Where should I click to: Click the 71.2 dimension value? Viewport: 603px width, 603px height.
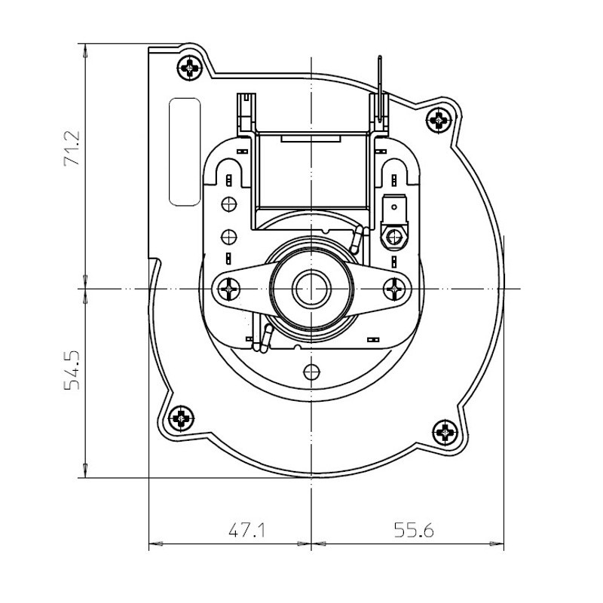pos(73,150)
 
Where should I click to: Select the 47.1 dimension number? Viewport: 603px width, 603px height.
pos(246,530)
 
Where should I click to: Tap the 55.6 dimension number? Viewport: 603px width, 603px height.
pos(414,530)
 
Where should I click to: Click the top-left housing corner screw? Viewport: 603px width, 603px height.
pos(190,67)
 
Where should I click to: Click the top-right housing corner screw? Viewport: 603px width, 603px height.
pos(438,118)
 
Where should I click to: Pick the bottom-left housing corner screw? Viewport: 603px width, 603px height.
pos(180,417)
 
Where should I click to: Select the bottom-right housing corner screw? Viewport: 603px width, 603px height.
pos(446,432)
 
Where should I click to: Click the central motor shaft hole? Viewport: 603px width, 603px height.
pos(308,289)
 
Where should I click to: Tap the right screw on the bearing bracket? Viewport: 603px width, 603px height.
pos(395,289)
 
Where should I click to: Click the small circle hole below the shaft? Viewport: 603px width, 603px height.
pos(309,371)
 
